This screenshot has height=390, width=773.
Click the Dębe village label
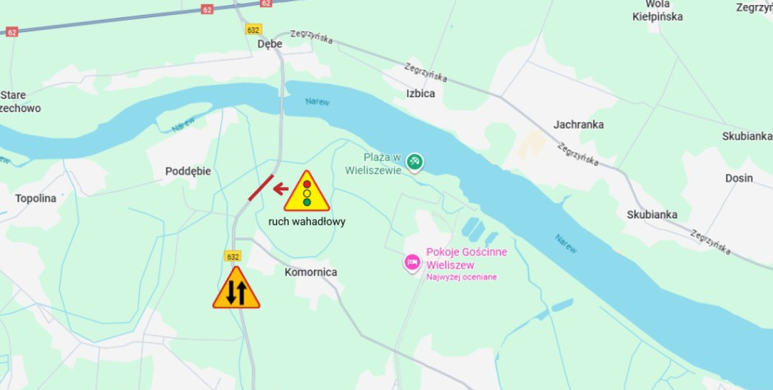point(270,44)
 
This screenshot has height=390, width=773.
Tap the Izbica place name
point(421,93)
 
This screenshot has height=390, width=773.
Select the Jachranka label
point(578,124)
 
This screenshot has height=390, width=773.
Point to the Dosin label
point(739,178)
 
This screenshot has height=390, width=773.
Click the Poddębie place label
point(188,171)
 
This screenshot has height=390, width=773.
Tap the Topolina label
point(36,199)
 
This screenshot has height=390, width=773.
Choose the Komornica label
point(310,272)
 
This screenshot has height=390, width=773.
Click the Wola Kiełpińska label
point(657,11)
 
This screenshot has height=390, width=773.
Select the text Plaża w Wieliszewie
point(382,165)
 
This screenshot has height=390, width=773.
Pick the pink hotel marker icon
point(412,262)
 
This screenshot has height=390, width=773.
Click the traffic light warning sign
point(307,192)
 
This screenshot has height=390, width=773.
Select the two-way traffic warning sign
point(236,289)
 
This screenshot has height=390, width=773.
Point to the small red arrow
point(281,188)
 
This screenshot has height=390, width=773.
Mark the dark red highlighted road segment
point(261,188)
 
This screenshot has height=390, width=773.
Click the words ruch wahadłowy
point(307,222)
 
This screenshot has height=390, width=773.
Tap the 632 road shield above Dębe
point(253,29)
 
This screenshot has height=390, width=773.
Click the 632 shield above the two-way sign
point(233,256)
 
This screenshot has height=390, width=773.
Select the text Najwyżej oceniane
point(461,277)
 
